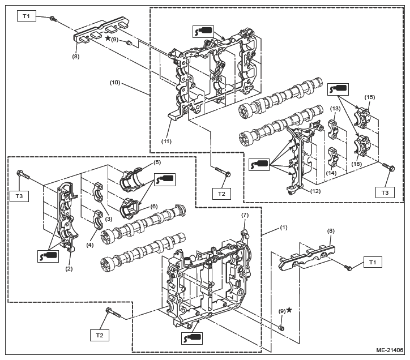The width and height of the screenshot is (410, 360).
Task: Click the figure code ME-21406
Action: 390,350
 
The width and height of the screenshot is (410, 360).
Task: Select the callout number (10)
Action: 115,83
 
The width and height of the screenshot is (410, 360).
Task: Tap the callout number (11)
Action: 166,142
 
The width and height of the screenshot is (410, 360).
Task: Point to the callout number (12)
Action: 315,191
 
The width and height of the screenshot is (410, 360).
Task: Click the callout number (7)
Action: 245,215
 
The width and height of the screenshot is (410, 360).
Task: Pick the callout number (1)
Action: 284,228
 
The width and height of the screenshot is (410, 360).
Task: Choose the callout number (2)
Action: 69,268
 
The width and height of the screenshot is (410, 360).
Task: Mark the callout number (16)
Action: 356,164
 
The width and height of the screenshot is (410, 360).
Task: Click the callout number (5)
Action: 157,162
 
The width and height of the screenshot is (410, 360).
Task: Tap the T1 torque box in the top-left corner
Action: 27,16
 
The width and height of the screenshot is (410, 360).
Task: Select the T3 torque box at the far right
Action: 385,192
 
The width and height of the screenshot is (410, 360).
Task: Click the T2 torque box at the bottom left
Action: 100,336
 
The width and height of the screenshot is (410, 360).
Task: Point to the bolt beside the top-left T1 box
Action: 53,19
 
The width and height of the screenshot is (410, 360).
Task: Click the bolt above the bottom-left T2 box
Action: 113,313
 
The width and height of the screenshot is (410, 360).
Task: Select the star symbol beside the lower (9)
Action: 289,310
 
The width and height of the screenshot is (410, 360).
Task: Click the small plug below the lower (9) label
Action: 281,328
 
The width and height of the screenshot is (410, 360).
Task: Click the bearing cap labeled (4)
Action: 96,220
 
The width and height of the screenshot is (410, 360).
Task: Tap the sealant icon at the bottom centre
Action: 191,338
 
